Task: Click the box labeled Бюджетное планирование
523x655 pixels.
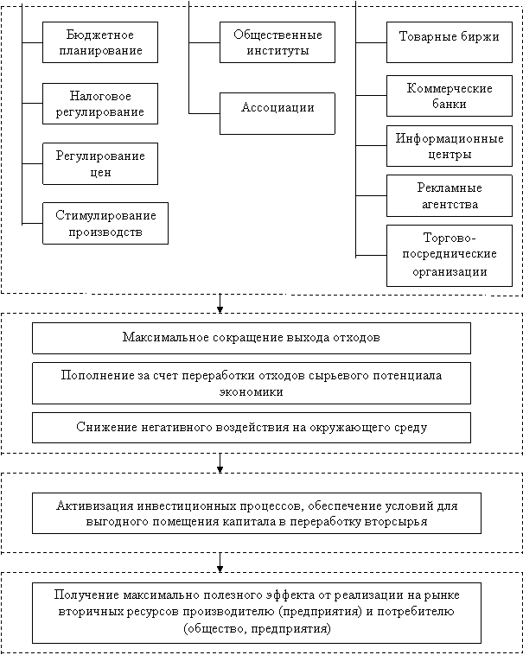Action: point(100,42)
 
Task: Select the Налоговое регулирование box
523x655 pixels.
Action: point(100,104)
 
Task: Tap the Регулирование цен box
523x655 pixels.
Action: point(100,164)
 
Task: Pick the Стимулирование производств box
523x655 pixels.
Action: point(105,224)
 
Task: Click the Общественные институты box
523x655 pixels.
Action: point(277,42)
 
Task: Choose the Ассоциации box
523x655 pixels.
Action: point(277,113)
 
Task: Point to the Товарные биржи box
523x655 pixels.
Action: point(450,42)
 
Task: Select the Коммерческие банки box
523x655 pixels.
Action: point(450,96)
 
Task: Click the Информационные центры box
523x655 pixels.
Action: point(450,146)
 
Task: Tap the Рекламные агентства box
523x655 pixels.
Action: point(450,195)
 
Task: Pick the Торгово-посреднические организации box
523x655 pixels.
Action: point(450,256)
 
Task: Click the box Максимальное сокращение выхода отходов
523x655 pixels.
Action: point(252,338)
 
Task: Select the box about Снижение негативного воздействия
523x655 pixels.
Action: point(252,428)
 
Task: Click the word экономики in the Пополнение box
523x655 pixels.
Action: point(252,391)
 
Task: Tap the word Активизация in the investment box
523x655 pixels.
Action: point(93,506)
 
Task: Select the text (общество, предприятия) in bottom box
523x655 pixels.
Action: point(257,629)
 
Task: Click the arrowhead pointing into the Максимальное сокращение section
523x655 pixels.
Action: point(220,309)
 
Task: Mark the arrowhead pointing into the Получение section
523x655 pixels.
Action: point(220,569)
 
